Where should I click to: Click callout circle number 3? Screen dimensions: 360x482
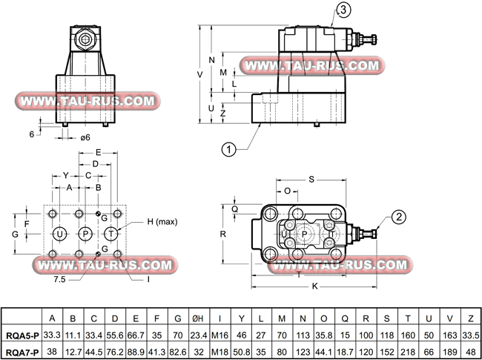(x=343, y=10)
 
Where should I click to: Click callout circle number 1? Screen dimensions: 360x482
(x=229, y=148)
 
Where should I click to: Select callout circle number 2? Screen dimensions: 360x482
(x=398, y=217)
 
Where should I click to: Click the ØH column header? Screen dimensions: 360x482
(x=198, y=320)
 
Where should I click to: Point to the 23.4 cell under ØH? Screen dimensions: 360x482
(x=198, y=335)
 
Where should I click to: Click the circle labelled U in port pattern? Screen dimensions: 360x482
(x=59, y=234)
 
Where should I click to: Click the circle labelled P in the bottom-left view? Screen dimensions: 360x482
(x=85, y=234)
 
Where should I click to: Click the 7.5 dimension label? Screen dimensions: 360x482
(x=59, y=281)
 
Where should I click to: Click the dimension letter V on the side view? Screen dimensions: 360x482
(x=199, y=75)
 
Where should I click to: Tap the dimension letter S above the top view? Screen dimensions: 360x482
(x=311, y=180)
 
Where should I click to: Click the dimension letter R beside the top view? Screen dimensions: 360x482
(x=222, y=232)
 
